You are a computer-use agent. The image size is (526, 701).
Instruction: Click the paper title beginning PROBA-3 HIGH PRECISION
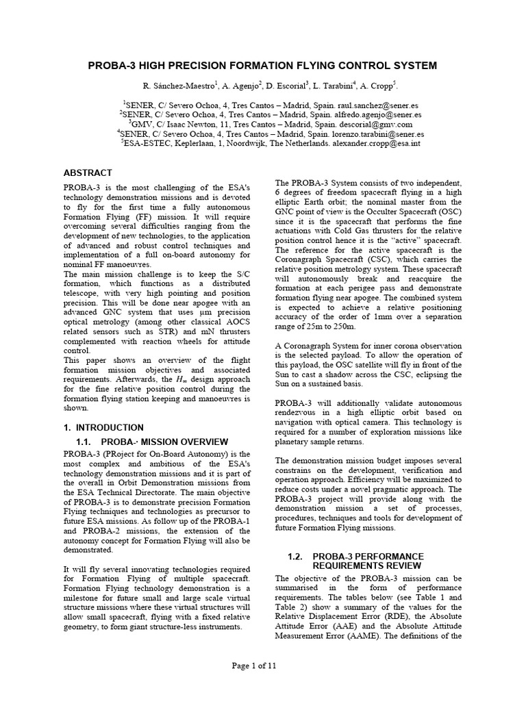262,65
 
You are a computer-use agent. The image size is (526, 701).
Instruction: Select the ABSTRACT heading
88,173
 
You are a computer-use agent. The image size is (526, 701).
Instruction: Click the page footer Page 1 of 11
264,665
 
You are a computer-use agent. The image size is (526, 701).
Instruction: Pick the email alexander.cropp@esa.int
375,145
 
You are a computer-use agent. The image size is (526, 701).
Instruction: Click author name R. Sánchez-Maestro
179,86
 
